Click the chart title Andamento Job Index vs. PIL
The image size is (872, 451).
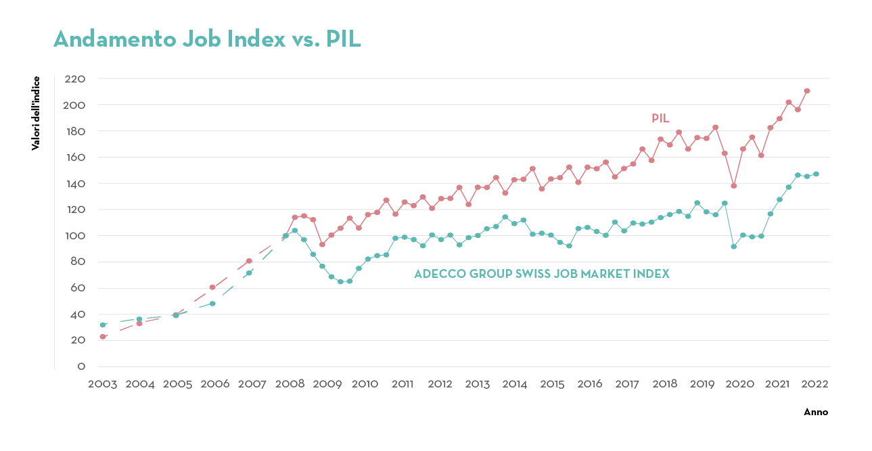207,39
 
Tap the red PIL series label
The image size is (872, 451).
660,118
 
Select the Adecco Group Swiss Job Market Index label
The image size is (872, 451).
541,274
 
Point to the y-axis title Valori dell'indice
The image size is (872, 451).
35,113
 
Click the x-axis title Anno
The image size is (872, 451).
815,412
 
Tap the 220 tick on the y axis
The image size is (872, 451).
74,78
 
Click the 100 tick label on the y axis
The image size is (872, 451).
74,236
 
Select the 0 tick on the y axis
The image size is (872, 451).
81,366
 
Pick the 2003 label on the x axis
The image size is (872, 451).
103,384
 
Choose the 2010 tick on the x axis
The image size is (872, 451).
365,384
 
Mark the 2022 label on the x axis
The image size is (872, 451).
814,384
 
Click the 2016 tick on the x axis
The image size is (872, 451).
590,384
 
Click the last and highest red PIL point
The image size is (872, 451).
807,91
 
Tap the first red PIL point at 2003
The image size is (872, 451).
103,336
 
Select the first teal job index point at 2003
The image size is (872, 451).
103,325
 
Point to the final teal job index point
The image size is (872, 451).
816,174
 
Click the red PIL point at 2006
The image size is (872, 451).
212,287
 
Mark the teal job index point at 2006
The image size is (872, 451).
212,304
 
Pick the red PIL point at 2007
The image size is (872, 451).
249,261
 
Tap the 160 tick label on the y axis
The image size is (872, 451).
74,157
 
